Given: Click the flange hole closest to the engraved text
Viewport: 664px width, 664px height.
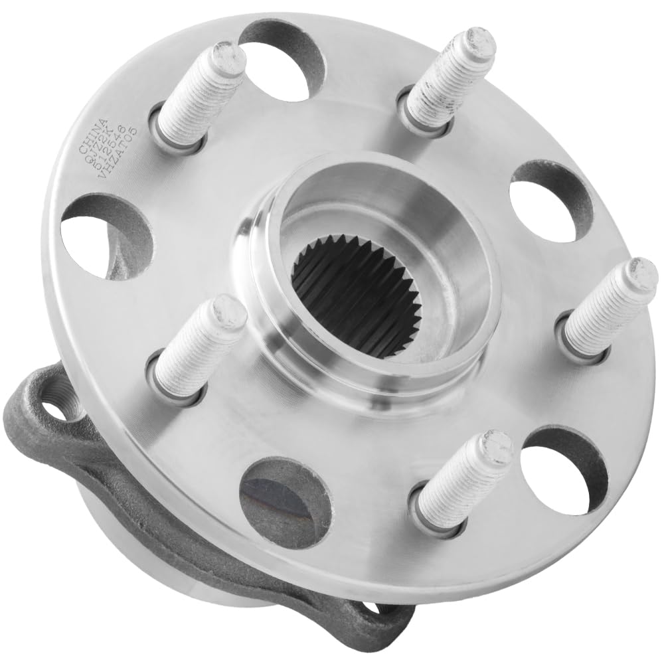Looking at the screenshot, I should tap(106, 236).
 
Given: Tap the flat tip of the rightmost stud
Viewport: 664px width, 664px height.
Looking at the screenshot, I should tap(641, 272).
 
